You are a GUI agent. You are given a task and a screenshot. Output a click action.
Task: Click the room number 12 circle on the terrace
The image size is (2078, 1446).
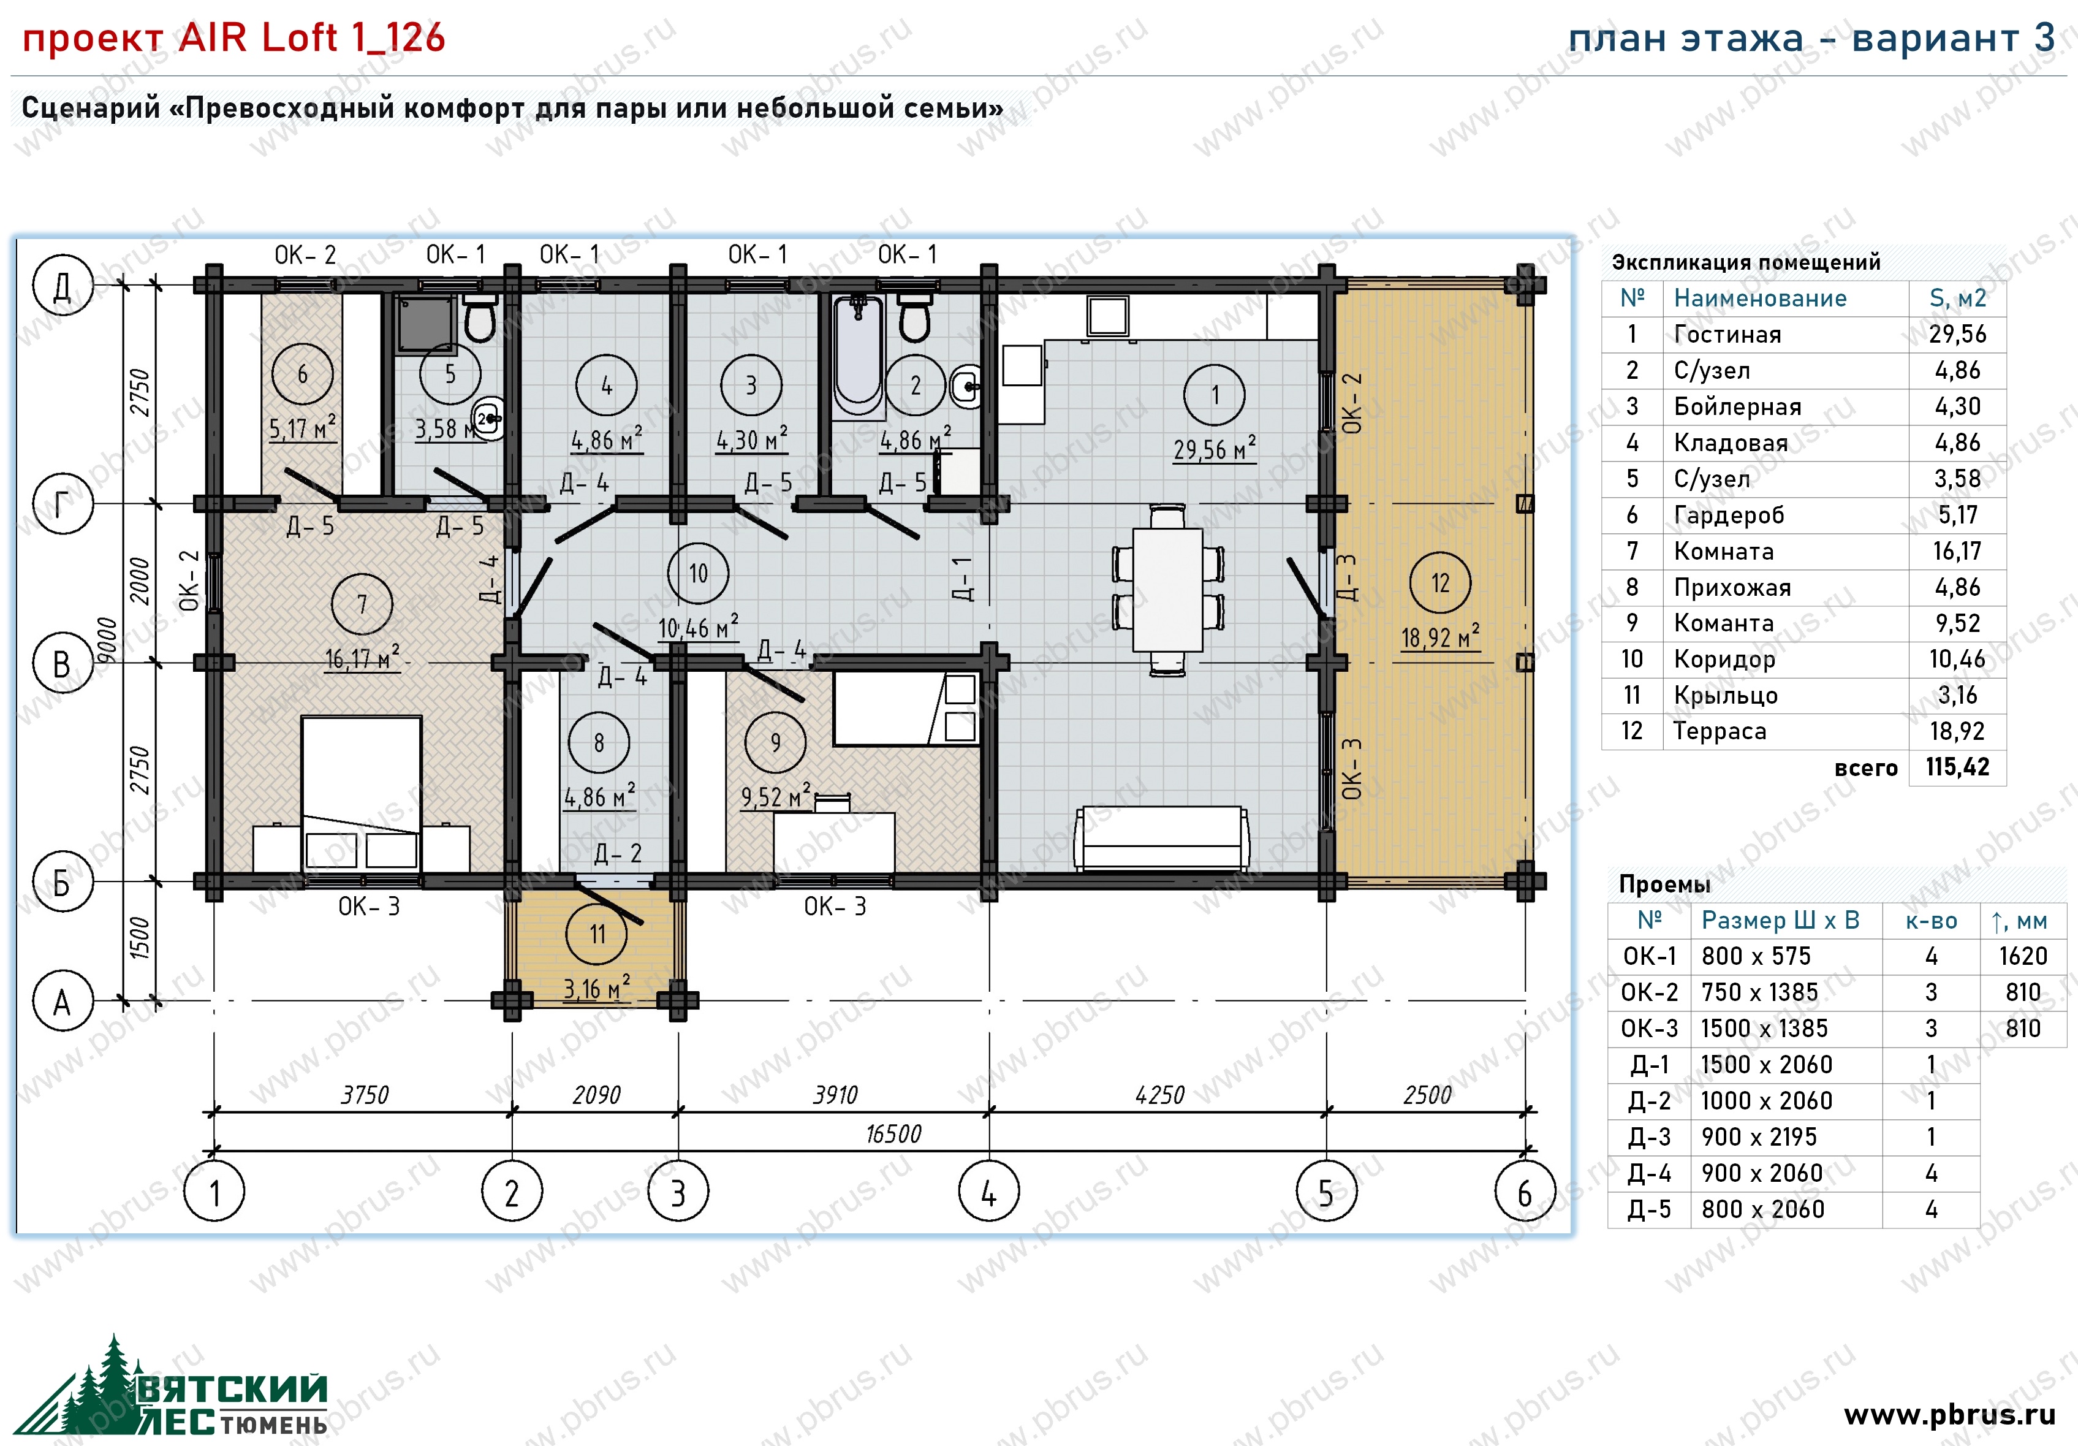(1440, 583)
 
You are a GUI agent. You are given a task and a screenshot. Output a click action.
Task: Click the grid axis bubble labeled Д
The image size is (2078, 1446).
(63, 285)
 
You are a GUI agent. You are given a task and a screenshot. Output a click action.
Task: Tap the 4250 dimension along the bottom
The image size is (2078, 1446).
(1159, 1095)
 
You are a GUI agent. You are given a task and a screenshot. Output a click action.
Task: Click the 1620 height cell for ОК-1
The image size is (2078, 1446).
(2023, 956)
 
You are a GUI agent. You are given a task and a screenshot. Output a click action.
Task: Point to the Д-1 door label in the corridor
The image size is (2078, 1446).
(964, 579)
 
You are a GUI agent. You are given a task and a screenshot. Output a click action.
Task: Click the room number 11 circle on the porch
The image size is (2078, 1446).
(596, 934)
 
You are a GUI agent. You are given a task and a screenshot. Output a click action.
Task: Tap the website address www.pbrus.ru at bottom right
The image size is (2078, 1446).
(1949, 1414)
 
